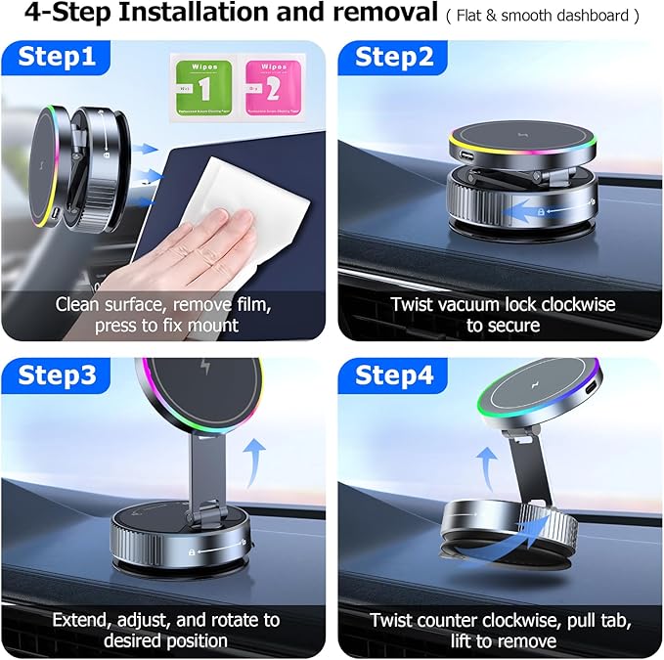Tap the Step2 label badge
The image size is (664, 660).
click(x=393, y=58)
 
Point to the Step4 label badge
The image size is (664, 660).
click(x=393, y=375)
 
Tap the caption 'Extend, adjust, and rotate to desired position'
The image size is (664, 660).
click(x=164, y=631)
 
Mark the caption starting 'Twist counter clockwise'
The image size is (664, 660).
click(x=502, y=631)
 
